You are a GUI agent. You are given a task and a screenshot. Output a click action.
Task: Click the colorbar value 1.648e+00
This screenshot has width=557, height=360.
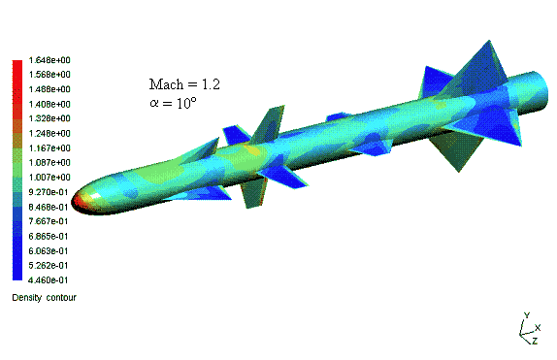tap(49, 60)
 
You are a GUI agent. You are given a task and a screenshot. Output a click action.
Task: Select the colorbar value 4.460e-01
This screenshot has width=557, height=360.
tap(48, 280)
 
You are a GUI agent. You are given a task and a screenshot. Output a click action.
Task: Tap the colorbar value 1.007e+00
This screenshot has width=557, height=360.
tap(49, 177)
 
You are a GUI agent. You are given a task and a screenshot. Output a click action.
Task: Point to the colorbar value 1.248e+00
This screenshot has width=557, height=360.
tap(49, 133)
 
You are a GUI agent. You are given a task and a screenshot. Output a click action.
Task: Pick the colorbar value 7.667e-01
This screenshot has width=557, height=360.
tap(48, 221)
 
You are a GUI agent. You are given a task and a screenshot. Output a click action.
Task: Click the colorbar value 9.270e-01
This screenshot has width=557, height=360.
tap(48, 192)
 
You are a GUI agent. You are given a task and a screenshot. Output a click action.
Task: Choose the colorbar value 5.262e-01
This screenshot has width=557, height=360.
tap(48, 266)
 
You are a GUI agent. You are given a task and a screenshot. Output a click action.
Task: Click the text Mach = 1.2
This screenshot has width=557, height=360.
tap(184, 84)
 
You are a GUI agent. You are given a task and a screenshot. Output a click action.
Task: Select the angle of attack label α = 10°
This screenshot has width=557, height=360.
tap(173, 103)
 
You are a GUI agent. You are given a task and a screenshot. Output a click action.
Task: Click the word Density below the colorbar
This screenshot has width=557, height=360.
tap(27, 298)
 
